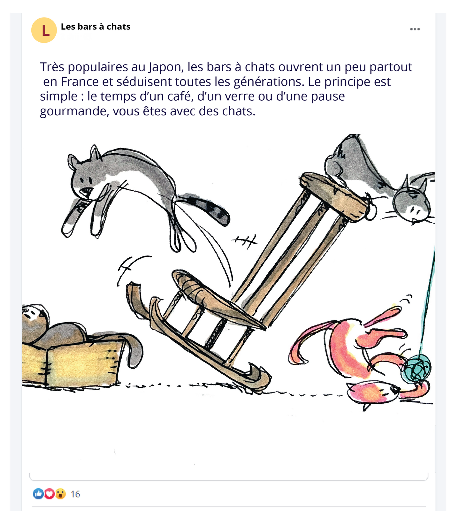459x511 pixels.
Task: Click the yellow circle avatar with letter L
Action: click(x=44, y=30)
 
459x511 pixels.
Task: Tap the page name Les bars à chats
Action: click(x=96, y=27)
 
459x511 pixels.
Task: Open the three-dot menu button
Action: click(x=415, y=29)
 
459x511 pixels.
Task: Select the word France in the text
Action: click(x=80, y=82)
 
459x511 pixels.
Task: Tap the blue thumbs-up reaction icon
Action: click(x=38, y=494)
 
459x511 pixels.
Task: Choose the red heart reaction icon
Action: click(x=49, y=494)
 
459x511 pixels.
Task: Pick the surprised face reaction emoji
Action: click(x=60, y=494)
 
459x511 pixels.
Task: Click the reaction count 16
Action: click(x=75, y=494)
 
